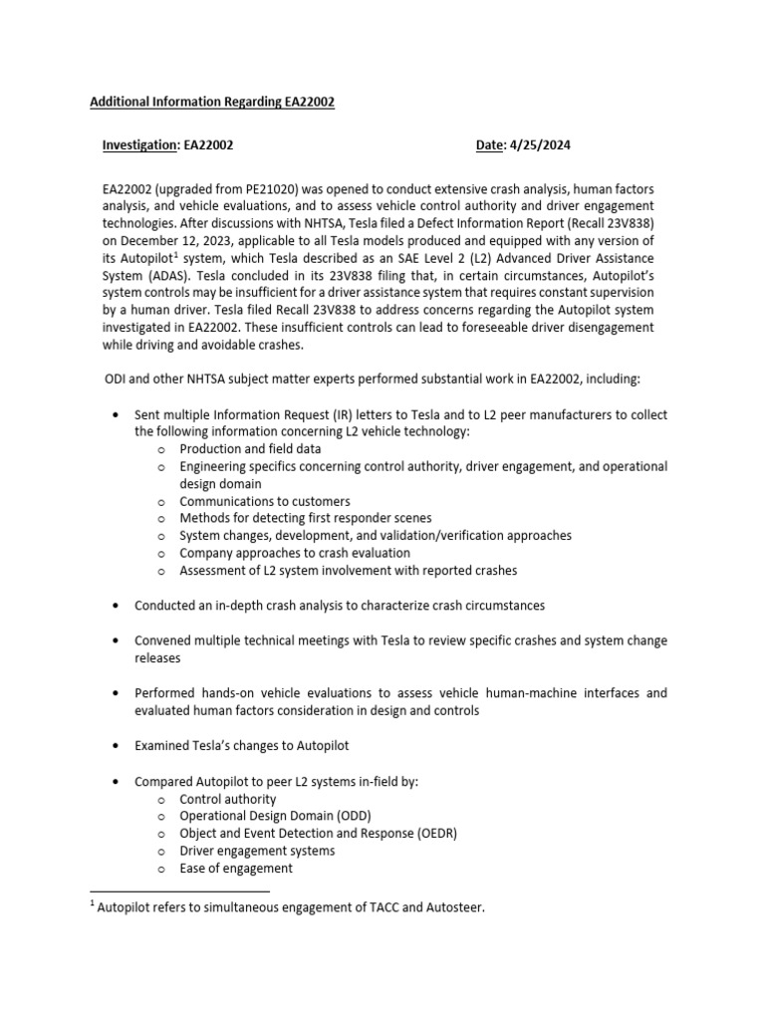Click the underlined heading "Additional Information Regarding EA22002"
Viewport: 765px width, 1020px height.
point(212,102)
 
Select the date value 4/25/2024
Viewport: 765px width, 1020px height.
point(540,145)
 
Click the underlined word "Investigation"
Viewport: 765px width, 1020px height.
point(139,145)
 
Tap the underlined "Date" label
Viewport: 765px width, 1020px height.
point(490,145)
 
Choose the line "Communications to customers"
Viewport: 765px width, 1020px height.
point(265,501)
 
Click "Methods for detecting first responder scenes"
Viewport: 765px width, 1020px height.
point(306,518)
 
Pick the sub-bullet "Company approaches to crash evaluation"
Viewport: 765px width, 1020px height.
point(295,553)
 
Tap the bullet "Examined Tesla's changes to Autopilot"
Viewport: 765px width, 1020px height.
point(242,745)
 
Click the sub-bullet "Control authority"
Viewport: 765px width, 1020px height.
point(228,799)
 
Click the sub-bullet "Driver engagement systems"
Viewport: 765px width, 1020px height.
point(257,851)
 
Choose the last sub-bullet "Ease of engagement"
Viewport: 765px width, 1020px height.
point(236,868)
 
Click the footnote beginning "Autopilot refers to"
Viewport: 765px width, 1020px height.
point(289,908)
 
